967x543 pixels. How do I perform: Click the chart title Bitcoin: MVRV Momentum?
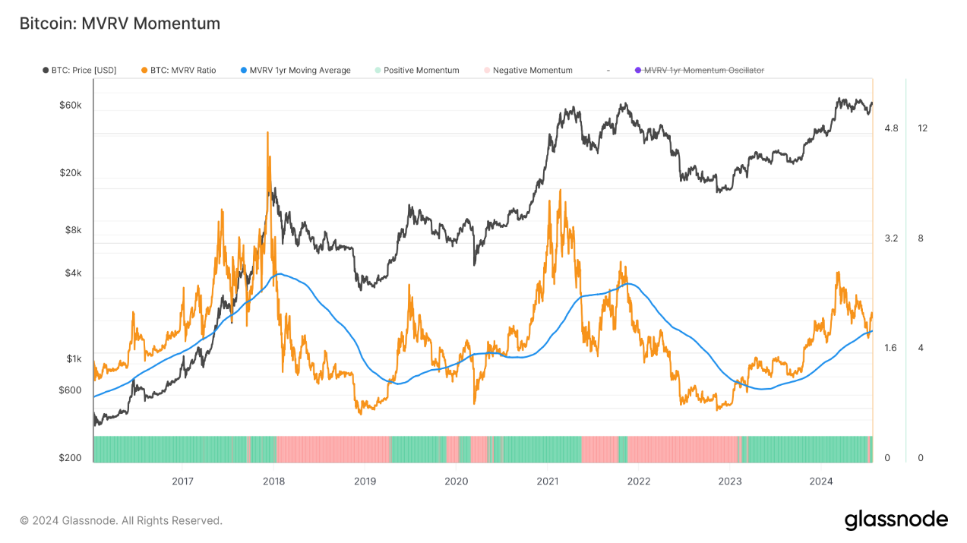coord(120,24)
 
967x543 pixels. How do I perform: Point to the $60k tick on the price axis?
coord(70,106)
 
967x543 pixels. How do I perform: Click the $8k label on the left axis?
coord(72,230)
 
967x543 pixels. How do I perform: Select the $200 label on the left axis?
coord(70,458)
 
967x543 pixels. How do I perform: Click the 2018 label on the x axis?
coord(273,481)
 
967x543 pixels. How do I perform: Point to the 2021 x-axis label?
coord(548,481)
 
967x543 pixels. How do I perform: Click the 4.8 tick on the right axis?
coord(891,128)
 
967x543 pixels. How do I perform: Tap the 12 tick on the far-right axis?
coord(922,128)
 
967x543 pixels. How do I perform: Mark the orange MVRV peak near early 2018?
coord(267,133)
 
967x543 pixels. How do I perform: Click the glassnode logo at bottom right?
coord(896,520)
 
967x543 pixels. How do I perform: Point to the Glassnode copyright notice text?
coord(121,521)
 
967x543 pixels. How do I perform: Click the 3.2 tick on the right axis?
coord(891,238)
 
